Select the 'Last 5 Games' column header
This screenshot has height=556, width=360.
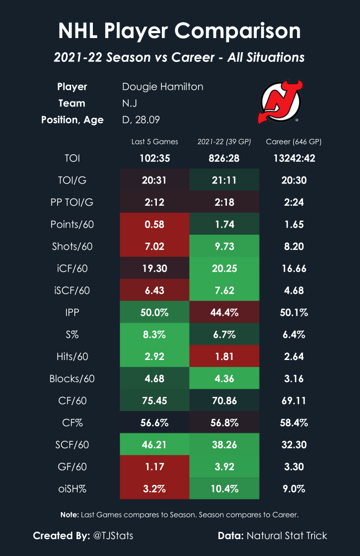(154, 142)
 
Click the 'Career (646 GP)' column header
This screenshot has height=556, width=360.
(294, 142)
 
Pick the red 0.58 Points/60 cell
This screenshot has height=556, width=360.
(154, 224)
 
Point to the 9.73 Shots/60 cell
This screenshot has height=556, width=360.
(224, 246)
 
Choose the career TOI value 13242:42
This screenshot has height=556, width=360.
(294, 158)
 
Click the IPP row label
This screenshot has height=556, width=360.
(79, 312)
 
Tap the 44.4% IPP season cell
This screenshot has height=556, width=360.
(224, 312)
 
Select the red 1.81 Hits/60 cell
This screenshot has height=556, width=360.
(224, 356)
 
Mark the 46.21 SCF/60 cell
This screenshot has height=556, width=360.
(154, 444)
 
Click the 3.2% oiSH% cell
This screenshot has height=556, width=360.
(154, 488)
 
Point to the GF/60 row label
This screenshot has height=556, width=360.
(79, 466)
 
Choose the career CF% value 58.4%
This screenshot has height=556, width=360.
(294, 422)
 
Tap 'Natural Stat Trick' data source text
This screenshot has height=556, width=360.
(287, 536)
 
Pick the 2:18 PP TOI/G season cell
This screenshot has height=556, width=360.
(224, 202)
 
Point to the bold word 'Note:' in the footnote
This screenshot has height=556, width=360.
(69, 514)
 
